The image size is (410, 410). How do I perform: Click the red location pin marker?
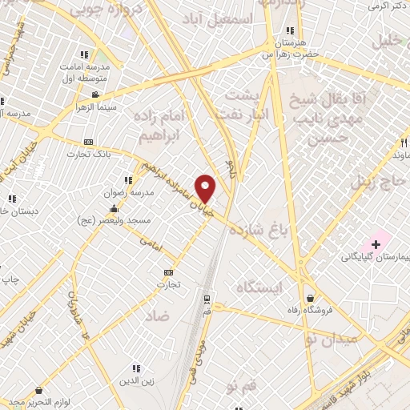(x=206, y=187)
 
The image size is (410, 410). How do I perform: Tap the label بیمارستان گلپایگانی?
(x=376, y=257)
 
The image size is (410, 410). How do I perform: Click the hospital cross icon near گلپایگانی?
(x=376, y=243)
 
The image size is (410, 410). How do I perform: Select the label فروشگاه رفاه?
(x=334, y=311)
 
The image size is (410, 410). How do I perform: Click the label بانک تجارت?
(x=88, y=153)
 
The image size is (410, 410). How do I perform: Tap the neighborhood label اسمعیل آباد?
(x=239, y=18)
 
